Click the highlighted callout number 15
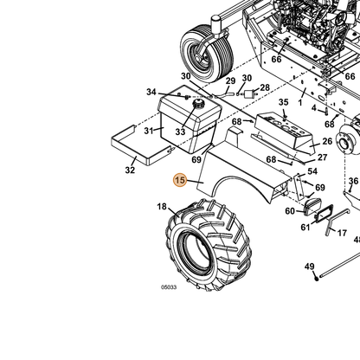pyautogui.click(x=180, y=180)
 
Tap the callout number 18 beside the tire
pyautogui.click(x=162, y=207)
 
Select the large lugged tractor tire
pyautogui.click(x=209, y=244)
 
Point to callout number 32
pyautogui.click(x=130, y=170)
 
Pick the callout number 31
pyautogui.click(x=149, y=131)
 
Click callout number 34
pyautogui.click(x=151, y=92)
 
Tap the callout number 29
pyautogui.click(x=230, y=81)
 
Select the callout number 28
pyautogui.click(x=265, y=87)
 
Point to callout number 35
pyautogui.click(x=284, y=102)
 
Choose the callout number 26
pyautogui.click(x=327, y=141)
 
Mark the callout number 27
pyautogui.click(x=322, y=157)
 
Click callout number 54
pyautogui.click(x=312, y=171)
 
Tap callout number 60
pyautogui.click(x=290, y=211)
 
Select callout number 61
pyautogui.click(x=305, y=228)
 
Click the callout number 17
pyautogui.click(x=342, y=233)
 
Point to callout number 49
pyautogui.click(x=310, y=267)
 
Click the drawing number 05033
pyautogui.click(x=169, y=287)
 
